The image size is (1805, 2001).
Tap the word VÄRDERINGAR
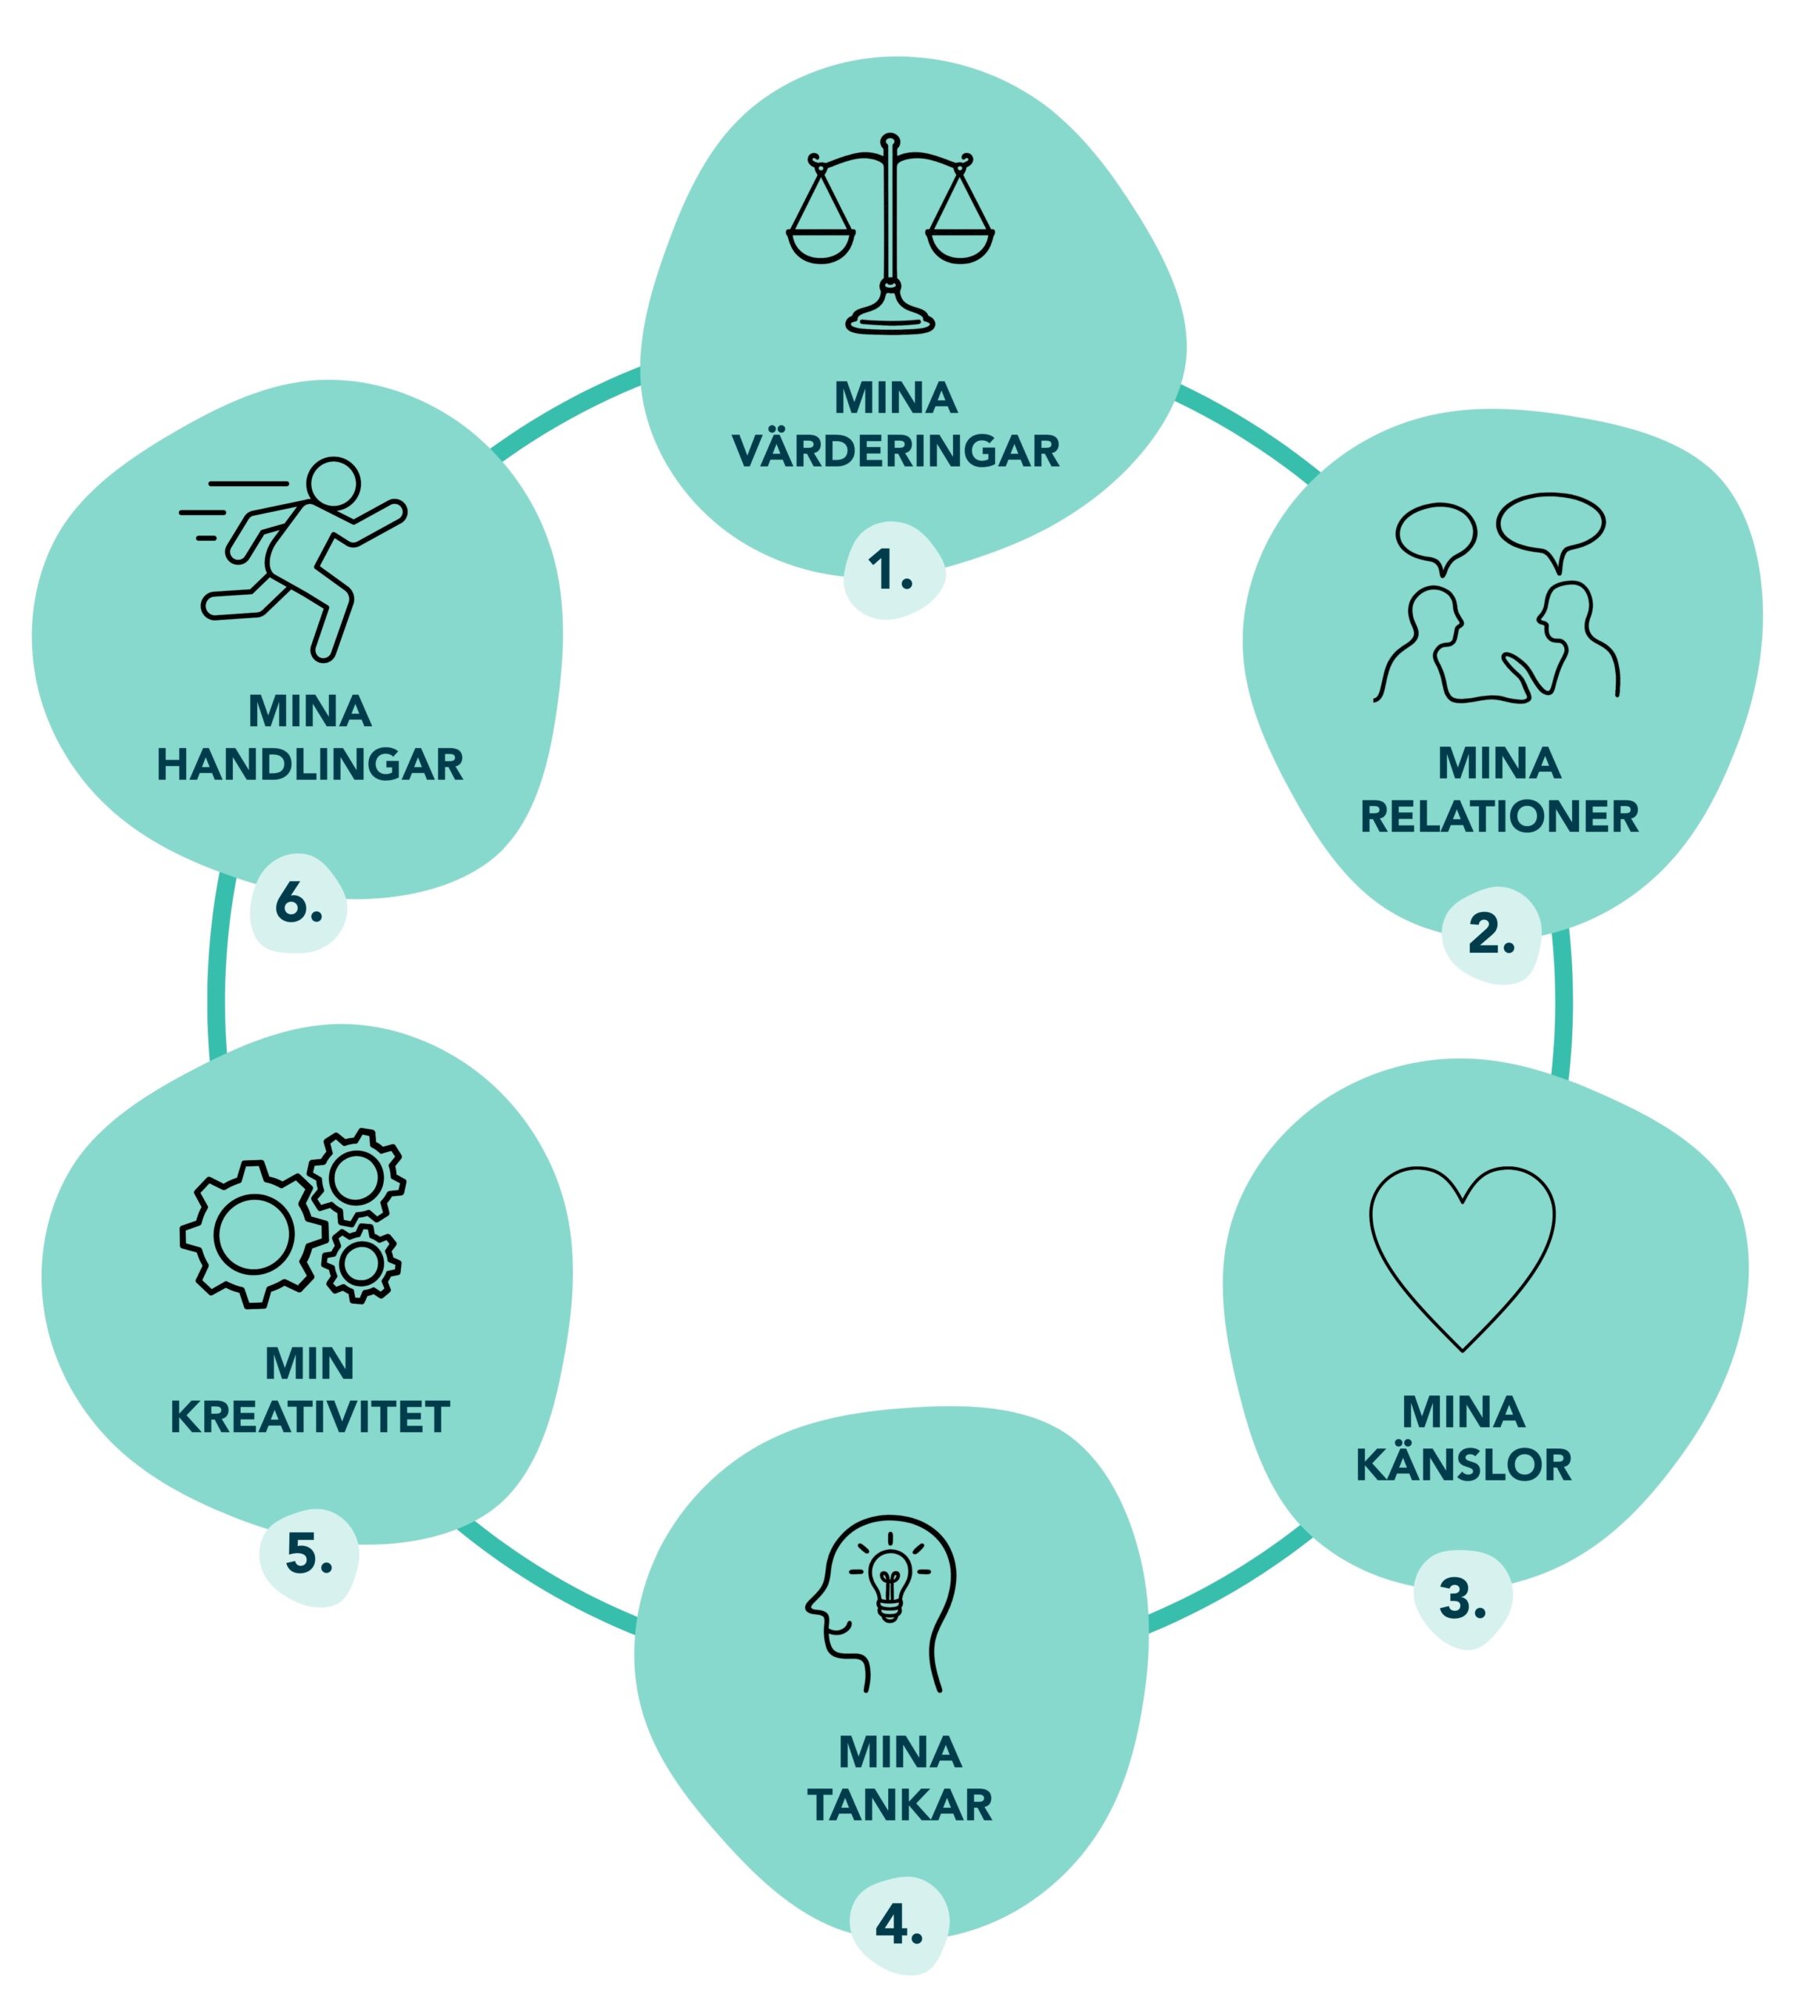click(x=896, y=452)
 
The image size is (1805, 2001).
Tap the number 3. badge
click(x=1462, y=1598)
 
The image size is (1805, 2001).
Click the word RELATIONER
click(x=1499, y=817)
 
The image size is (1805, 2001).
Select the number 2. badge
click(x=1491, y=934)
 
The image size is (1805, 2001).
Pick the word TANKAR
click(x=900, y=1806)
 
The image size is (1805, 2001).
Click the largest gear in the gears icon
click(x=254, y=1234)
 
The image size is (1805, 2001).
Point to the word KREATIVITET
click(x=310, y=1417)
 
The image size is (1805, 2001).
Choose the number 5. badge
click(x=309, y=1554)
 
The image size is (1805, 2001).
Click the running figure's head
click(x=332, y=484)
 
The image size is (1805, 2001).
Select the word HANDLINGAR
click(x=310, y=764)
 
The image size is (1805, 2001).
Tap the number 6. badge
click(x=298, y=902)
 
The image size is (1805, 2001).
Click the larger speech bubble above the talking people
click(x=1550, y=523)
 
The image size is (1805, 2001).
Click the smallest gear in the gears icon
click(x=361, y=1262)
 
